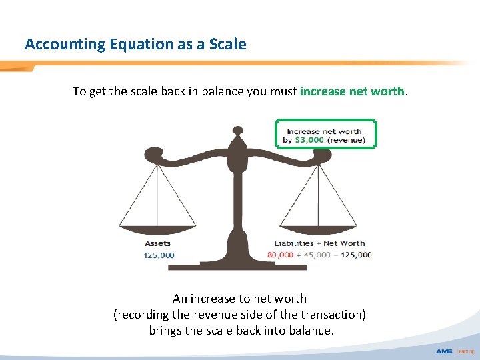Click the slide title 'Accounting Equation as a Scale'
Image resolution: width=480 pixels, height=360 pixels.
(135, 45)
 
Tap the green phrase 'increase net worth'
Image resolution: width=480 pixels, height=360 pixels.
(352, 91)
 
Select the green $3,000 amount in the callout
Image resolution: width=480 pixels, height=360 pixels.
(309, 140)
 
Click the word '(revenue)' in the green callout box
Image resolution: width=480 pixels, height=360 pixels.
(346, 140)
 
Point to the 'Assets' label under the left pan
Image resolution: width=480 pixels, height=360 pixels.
(157, 243)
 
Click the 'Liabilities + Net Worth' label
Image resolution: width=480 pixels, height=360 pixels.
(320, 243)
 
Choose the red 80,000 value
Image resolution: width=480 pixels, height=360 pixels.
(280, 255)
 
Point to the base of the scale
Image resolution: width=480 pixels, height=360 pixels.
(237, 265)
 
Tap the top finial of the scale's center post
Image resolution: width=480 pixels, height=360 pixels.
(237, 131)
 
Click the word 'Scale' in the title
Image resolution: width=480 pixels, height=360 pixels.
(229, 45)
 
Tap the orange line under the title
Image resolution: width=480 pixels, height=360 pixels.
(240, 64)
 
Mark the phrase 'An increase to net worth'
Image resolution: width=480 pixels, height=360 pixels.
(239, 298)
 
